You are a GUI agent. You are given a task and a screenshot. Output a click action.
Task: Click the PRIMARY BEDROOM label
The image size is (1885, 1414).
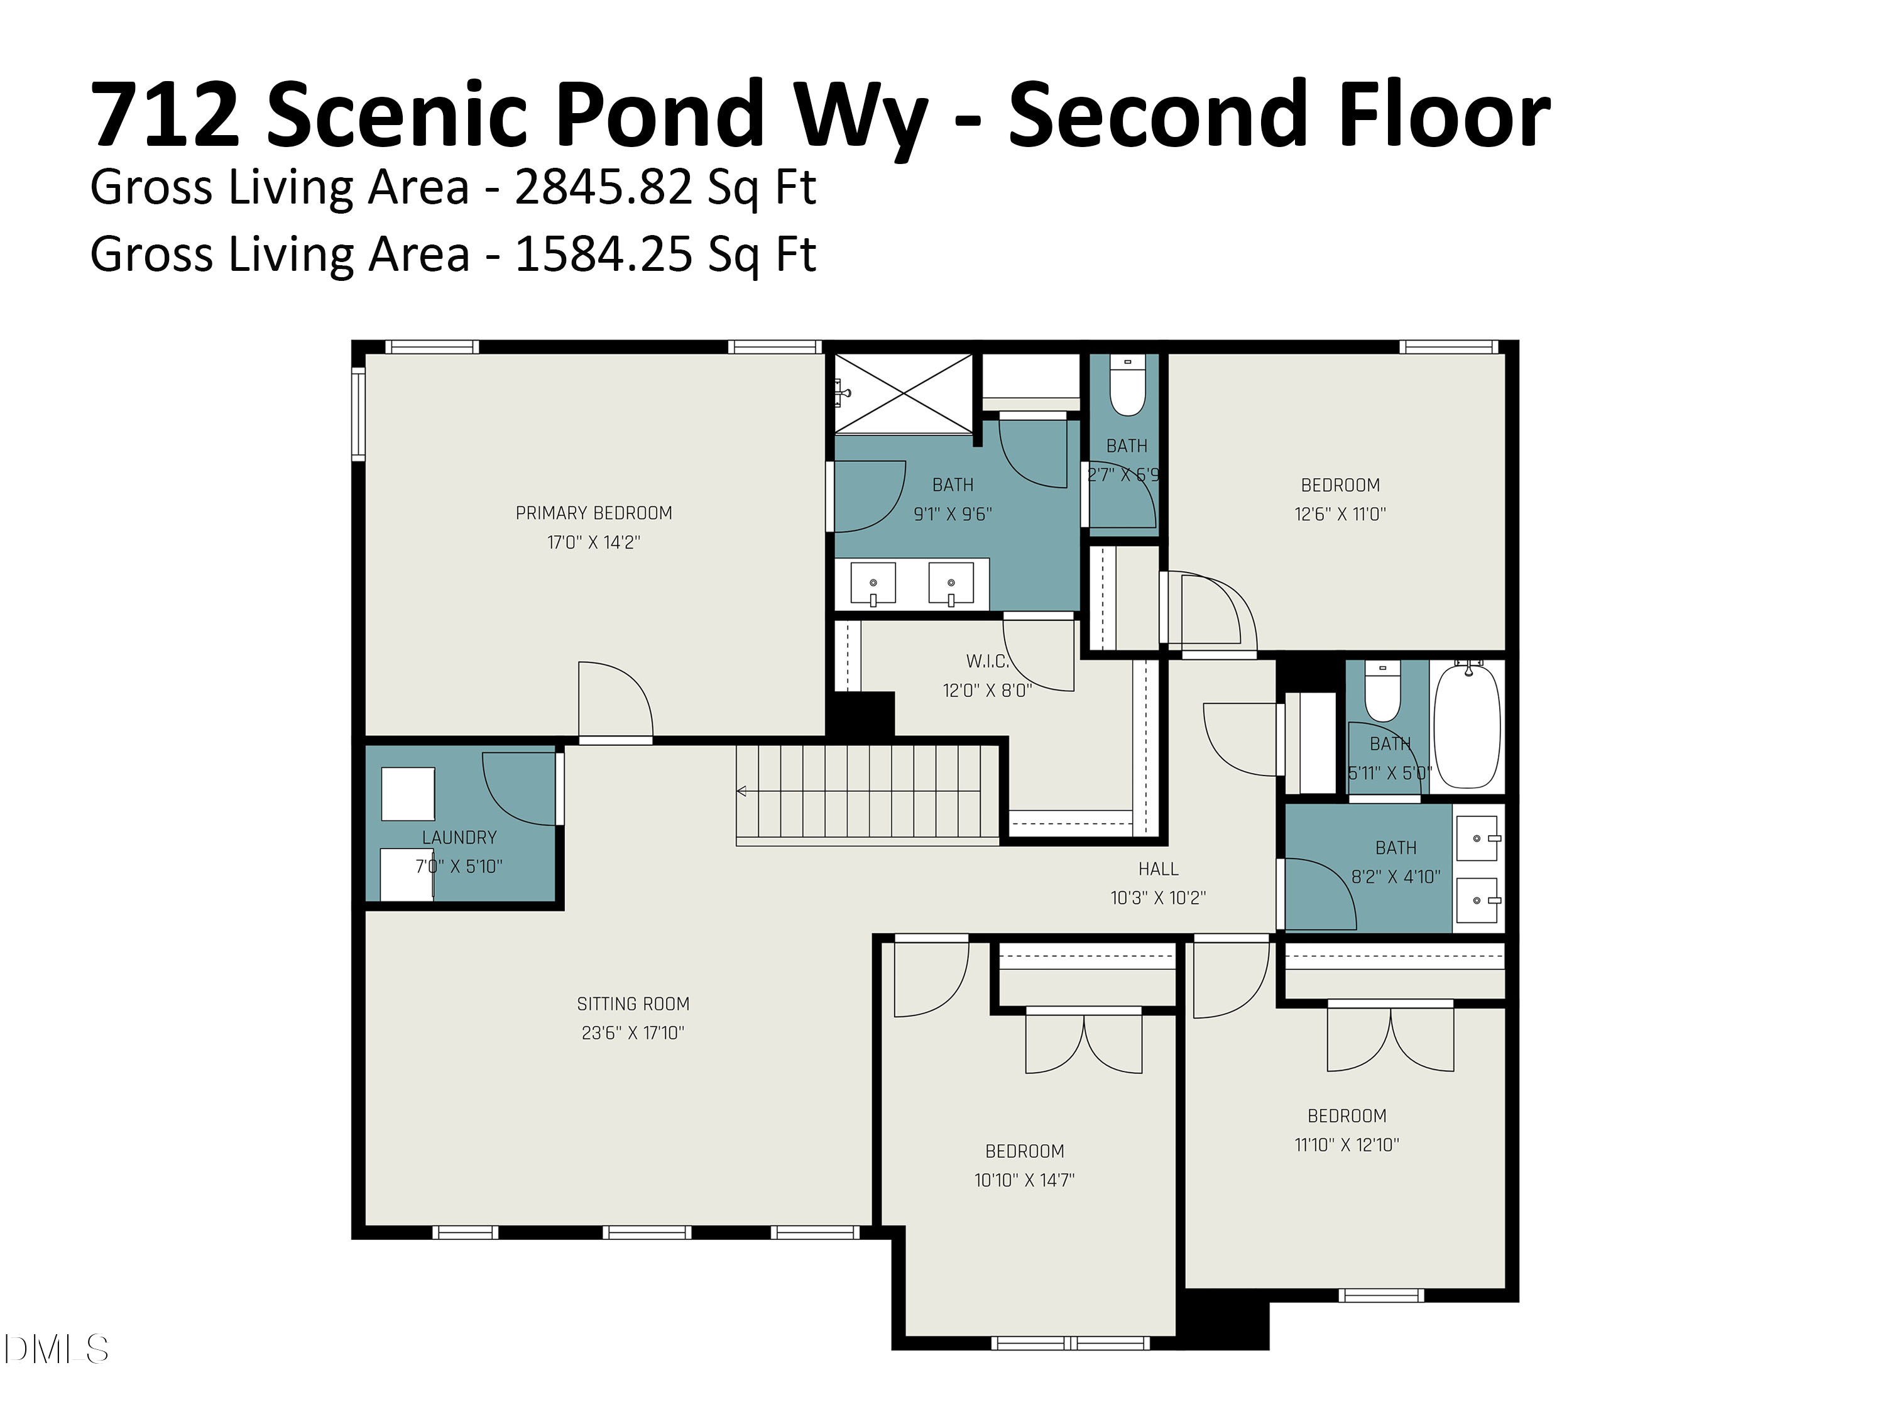593,513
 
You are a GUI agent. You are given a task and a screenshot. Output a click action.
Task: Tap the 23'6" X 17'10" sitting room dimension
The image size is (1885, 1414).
632,1033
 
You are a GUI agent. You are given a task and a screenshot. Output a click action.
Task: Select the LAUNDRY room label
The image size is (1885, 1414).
459,838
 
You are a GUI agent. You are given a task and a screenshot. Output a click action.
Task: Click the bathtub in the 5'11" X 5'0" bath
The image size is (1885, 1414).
1467,727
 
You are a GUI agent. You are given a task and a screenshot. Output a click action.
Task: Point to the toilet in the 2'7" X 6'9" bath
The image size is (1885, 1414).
1127,388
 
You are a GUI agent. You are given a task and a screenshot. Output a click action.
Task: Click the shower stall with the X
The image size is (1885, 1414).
904,393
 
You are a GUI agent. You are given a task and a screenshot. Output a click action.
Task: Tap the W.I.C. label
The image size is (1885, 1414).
987,661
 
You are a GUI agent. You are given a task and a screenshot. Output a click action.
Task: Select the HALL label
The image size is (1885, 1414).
1158,869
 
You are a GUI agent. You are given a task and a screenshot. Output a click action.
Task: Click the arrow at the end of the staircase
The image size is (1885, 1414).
741,791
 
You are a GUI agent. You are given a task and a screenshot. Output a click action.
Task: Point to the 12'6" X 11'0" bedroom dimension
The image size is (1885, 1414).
1340,514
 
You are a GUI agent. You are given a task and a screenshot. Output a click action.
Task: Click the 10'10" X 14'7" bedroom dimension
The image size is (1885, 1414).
1024,1180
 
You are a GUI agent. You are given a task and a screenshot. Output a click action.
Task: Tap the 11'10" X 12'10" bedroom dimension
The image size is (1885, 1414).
1347,1144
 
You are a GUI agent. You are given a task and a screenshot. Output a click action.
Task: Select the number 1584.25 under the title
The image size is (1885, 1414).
603,255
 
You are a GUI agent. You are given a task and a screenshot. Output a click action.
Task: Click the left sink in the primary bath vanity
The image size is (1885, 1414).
873,584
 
